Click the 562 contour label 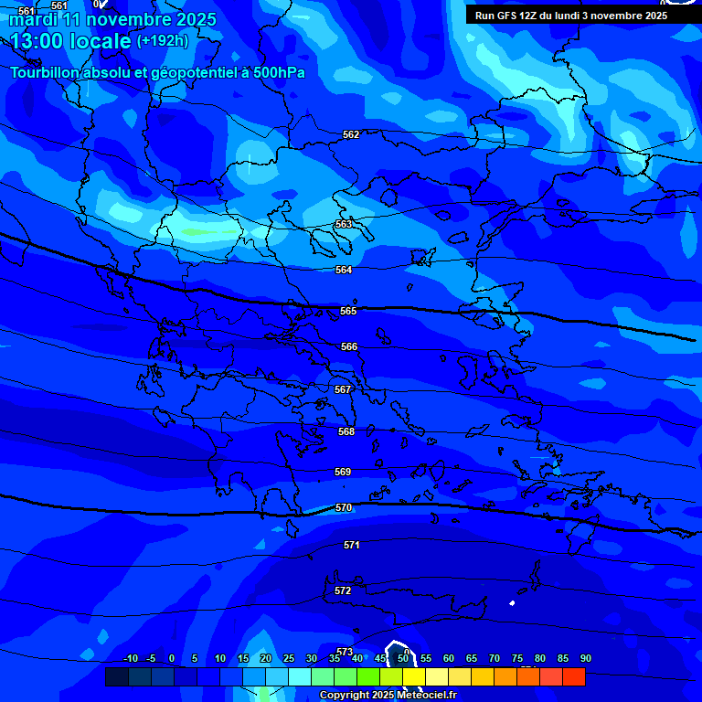351,135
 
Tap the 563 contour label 344,224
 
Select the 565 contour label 348,311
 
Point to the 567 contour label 343,389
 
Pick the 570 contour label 344,507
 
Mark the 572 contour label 343,590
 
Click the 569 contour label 343,472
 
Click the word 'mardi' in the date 33,19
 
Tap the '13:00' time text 43,41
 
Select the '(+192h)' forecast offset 162,41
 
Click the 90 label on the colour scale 585,658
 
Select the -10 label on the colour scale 130,658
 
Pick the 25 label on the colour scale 289,658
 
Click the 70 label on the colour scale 495,658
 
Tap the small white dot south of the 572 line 512,602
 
